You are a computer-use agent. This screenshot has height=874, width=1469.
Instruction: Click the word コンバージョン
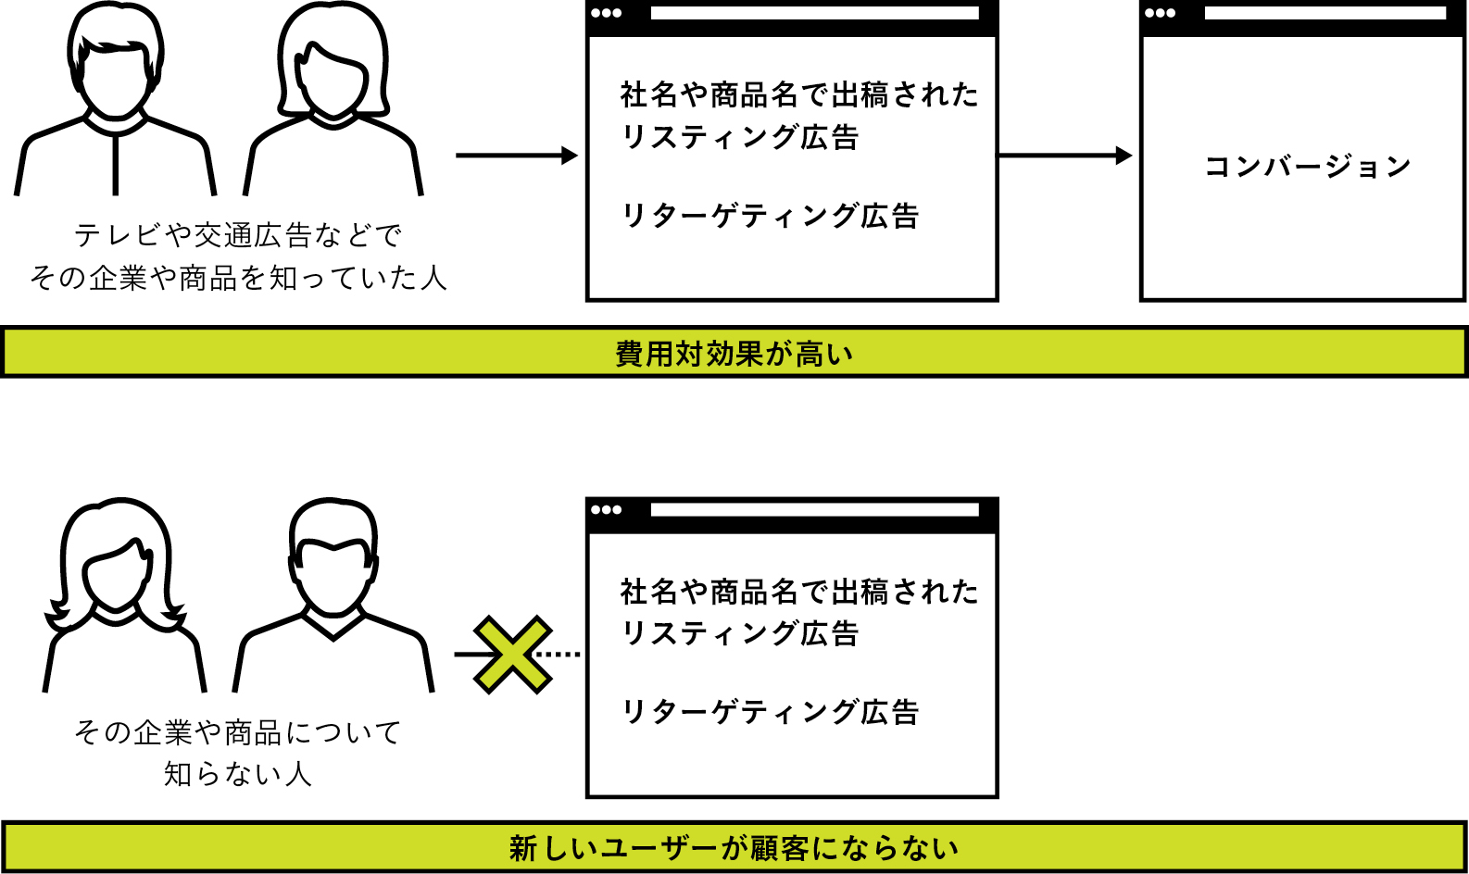1308,167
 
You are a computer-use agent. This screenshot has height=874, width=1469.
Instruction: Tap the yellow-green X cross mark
513,655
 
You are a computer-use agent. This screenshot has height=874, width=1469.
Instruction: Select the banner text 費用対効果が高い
734,354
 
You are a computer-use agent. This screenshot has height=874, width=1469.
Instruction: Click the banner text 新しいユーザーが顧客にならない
734,848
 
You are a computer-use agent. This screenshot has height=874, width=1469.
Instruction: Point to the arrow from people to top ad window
517,156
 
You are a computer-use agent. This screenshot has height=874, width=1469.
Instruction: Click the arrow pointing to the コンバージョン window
1065,156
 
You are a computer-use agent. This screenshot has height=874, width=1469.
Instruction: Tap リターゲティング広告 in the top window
770,216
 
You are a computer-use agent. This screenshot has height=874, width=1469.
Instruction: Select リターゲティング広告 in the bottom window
770,711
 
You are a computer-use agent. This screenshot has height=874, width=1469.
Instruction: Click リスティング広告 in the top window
740,138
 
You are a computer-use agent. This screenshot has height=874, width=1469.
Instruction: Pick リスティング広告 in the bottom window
740,633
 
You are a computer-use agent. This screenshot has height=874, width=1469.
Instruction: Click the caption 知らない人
237,774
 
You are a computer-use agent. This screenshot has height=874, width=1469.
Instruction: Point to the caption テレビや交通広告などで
237,235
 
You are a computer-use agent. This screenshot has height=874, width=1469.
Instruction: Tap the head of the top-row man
116,60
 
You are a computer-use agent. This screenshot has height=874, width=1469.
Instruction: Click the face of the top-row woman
332,80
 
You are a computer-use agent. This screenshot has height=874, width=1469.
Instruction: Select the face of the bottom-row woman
117,576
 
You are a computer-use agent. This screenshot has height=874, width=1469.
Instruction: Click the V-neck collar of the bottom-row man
333,625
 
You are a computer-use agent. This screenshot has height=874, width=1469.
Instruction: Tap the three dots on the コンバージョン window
1161,13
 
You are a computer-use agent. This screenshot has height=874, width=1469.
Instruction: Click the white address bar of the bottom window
814,509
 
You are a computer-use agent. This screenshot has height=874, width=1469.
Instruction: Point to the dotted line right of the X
559,655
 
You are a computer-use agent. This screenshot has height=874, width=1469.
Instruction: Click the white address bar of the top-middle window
814,13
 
